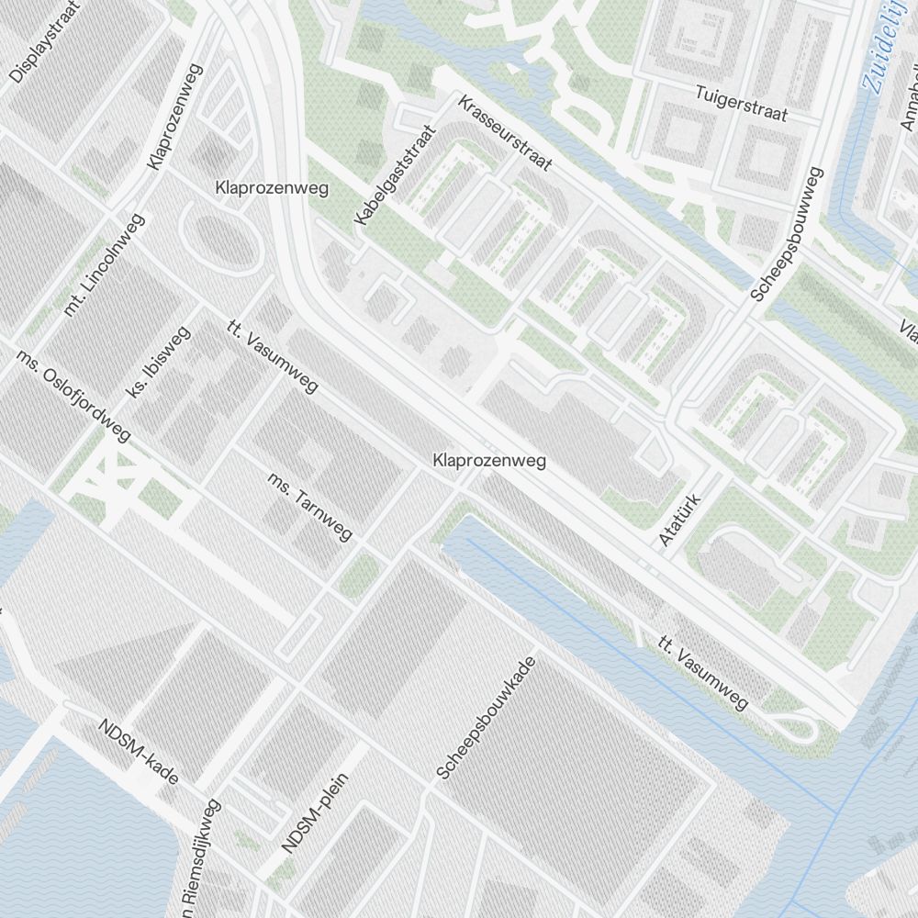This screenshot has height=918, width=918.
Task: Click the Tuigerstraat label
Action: pyautogui.click(x=742, y=104)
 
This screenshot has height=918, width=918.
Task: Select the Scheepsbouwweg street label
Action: pyautogui.click(x=787, y=235)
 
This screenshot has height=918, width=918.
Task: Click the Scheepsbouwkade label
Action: pyautogui.click(x=486, y=718)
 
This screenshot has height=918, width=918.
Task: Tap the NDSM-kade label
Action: pyautogui.click(x=138, y=752)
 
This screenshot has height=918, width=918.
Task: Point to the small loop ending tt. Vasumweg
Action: pyautogui.click(x=797, y=728)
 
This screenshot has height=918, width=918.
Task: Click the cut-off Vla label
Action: pyautogui.click(x=908, y=329)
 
